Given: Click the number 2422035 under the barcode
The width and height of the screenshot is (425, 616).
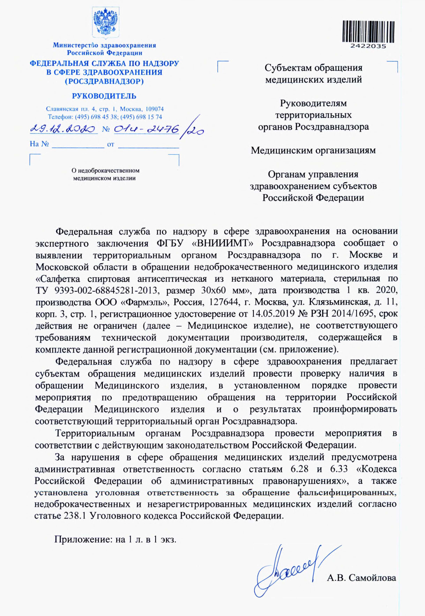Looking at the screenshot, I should point(368,46).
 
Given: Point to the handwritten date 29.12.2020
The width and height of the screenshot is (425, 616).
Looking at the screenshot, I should point(63,130).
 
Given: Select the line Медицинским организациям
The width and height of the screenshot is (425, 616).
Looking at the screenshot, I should point(313,150).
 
